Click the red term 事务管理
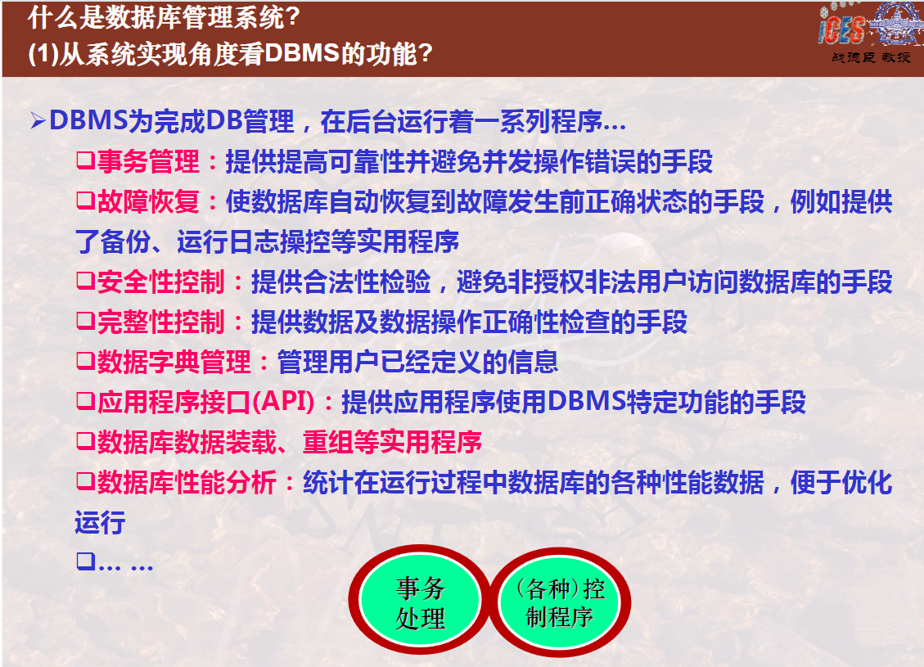click(148, 161)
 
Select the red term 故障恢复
click(148, 201)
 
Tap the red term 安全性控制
click(161, 282)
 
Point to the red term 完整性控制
click(161, 322)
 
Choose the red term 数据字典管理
click(174, 362)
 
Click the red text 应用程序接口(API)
click(205, 402)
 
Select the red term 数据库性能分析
click(187, 482)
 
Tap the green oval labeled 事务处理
click(420, 601)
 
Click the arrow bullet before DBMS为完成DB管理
click(38, 121)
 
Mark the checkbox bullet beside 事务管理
click(85, 161)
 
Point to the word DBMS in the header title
click(302, 54)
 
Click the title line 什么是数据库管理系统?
click(164, 17)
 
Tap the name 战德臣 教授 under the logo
click(871, 57)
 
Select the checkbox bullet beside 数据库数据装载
click(85, 441)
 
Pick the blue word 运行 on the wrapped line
click(100, 522)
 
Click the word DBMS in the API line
click(586, 401)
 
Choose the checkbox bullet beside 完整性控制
click(85, 321)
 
